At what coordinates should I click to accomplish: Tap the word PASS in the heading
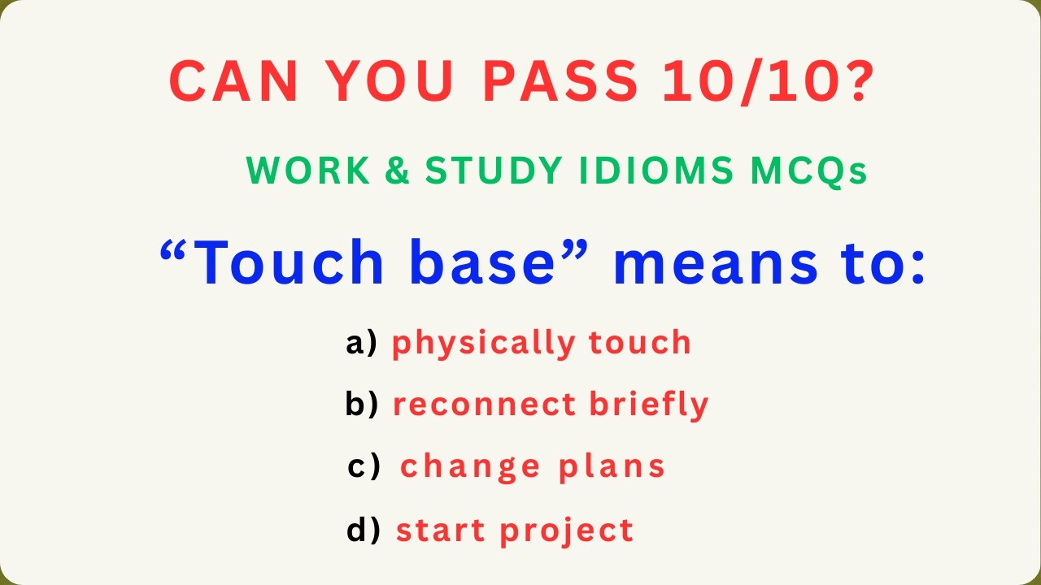click(560, 81)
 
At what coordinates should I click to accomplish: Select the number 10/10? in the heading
click(769, 81)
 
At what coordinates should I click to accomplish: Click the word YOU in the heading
click(385, 81)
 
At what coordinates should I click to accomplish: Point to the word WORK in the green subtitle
click(293, 171)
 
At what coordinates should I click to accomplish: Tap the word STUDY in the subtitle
click(493, 171)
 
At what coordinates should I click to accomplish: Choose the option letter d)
click(364, 530)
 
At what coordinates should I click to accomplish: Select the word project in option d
click(566, 531)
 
